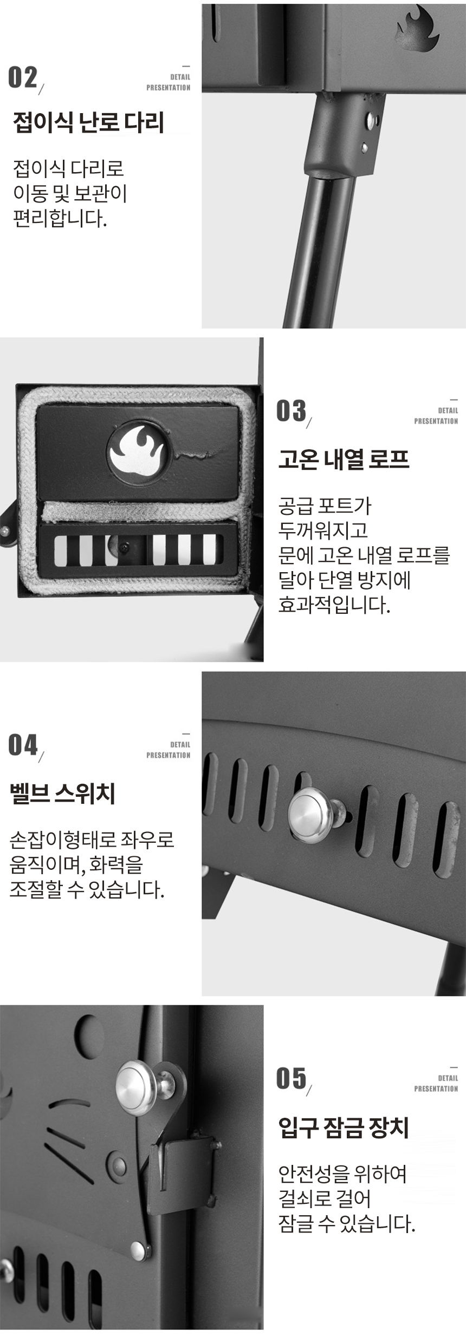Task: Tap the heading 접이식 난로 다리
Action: point(88,122)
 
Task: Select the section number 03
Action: point(291,411)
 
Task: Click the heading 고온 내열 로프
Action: point(344,459)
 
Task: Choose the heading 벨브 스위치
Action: point(62,794)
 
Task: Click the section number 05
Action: point(291,1078)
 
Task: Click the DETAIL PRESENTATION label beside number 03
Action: point(436,416)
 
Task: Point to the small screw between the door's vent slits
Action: point(125,548)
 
